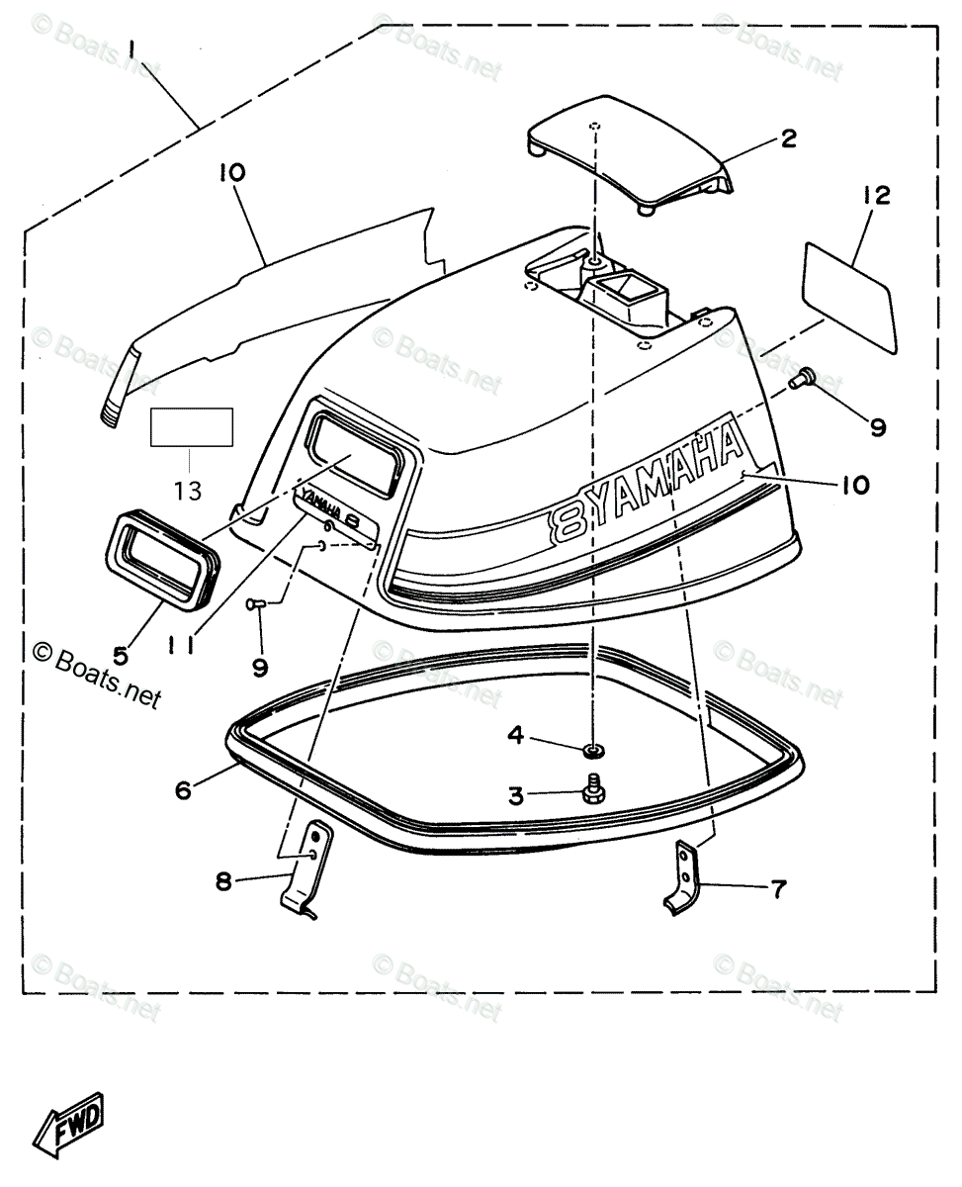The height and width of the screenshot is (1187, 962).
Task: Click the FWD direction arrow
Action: [70, 1123]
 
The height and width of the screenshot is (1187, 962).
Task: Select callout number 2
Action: [788, 138]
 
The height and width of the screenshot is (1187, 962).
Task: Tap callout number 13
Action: [189, 489]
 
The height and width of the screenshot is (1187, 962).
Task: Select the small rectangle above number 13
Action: [191, 427]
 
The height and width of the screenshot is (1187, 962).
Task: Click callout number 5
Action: [120, 654]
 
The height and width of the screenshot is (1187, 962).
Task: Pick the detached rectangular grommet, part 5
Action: [161, 562]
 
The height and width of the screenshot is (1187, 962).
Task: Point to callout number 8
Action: [223, 881]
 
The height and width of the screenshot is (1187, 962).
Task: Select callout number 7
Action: [780, 890]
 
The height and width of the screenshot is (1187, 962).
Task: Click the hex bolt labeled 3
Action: [595, 791]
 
